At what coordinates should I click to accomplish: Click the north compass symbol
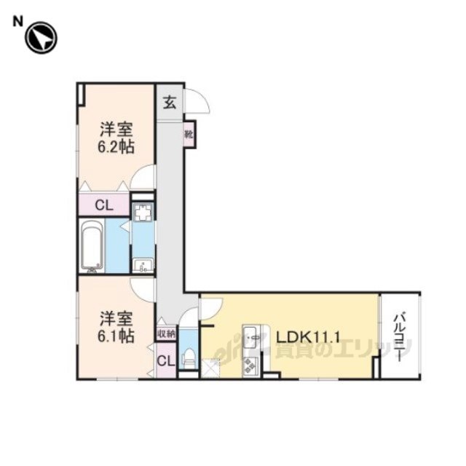[41, 38]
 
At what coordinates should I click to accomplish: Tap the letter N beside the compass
[17, 22]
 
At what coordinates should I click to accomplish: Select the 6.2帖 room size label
[116, 146]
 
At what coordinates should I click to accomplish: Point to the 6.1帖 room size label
[116, 336]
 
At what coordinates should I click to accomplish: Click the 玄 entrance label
[170, 103]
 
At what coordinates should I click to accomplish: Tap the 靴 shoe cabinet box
[189, 134]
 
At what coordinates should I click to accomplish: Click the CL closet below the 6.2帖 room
[104, 205]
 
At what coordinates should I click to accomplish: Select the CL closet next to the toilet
[166, 361]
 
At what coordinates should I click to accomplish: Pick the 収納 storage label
[166, 333]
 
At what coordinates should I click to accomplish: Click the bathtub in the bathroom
[92, 245]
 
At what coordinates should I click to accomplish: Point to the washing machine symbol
[143, 212]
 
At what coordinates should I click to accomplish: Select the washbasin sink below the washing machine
[143, 265]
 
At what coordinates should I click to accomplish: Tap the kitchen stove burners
[250, 366]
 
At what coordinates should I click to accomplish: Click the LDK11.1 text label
[308, 337]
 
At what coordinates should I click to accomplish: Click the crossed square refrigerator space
[210, 368]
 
